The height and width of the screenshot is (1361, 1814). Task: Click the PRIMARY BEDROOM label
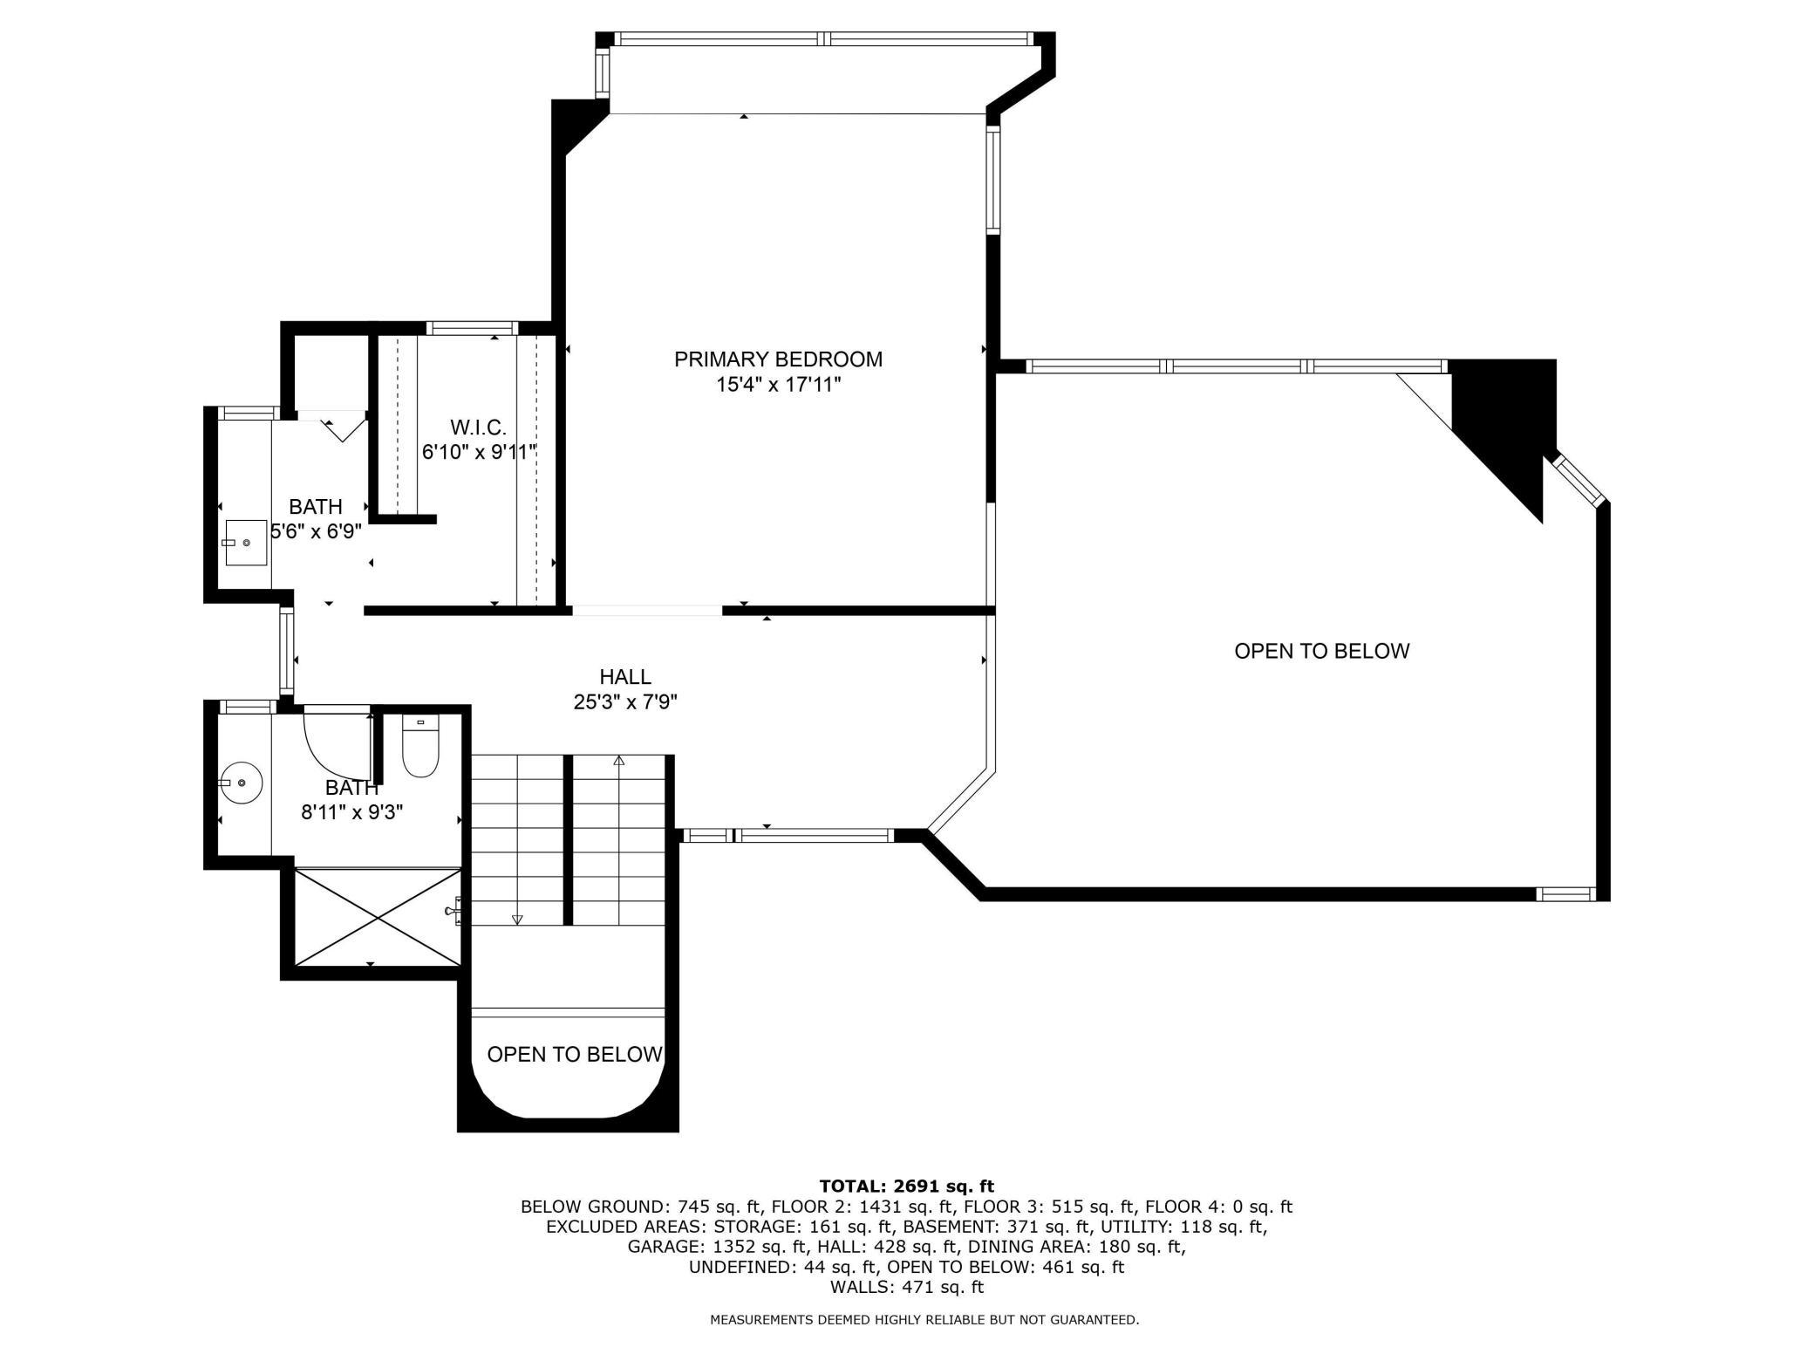[x=778, y=359]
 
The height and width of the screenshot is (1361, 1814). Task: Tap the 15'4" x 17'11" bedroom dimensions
[x=778, y=385]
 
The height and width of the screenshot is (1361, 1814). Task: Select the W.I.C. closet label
[x=478, y=427]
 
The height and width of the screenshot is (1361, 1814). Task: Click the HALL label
[x=625, y=677]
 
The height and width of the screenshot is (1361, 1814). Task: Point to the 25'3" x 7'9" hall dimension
[x=625, y=702]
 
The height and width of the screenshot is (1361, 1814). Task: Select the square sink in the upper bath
[x=246, y=543]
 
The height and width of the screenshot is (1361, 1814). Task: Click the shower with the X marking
[x=378, y=917]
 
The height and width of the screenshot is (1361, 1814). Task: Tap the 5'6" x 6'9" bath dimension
[x=316, y=531]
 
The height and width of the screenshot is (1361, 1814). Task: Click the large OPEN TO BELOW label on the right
[x=1321, y=652]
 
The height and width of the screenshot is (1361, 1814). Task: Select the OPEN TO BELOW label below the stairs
[x=575, y=1055]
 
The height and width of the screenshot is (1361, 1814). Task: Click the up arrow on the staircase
[x=619, y=761]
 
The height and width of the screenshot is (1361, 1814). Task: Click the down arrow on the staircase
[x=517, y=919]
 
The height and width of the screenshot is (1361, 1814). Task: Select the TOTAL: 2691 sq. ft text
[x=906, y=1187]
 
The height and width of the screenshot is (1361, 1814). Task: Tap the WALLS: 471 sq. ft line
[x=906, y=1287]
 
